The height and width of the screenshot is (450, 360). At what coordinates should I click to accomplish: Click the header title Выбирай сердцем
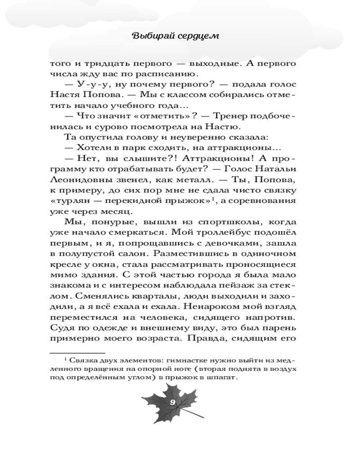coord(175,36)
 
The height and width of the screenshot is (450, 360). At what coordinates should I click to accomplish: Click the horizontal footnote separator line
coord(77,353)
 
